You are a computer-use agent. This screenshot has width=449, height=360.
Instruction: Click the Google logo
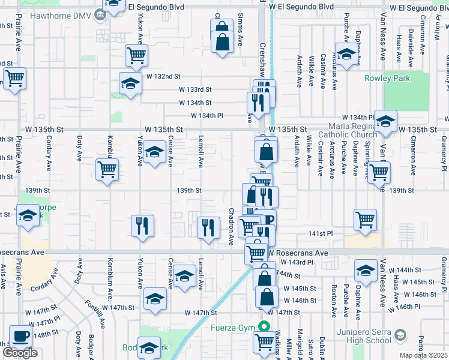[20, 353]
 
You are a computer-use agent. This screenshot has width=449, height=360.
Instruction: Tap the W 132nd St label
[163, 77]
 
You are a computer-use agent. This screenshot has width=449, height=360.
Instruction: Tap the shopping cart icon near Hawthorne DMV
[137, 56]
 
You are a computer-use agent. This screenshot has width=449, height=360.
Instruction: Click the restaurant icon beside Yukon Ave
[142, 226]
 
